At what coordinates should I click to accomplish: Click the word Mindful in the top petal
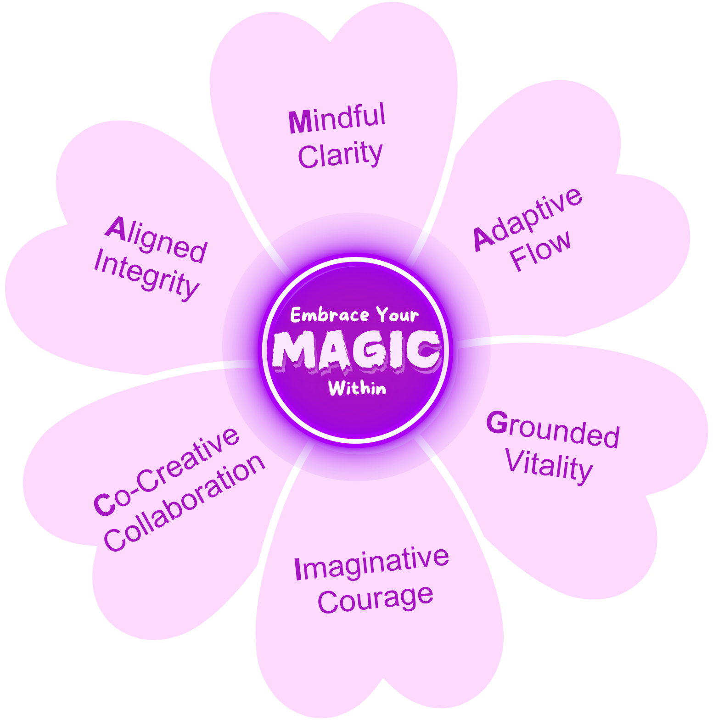pyautogui.click(x=337, y=118)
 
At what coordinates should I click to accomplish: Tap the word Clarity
pyautogui.click(x=340, y=155)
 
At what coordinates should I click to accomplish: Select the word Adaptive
pyautogui.click(x=528, y=219)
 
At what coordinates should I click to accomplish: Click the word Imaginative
pyautogui.click(x=371, y=564)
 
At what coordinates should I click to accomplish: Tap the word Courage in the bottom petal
pyautogui.click(x=375, y=599)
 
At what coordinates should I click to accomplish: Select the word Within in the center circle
pyautogui.click(x=357, y=388)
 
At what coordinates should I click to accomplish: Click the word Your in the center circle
pyautogui.click(x=398, y=315)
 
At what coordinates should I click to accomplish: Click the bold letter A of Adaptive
pyautogui.click(x=484, y=239)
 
